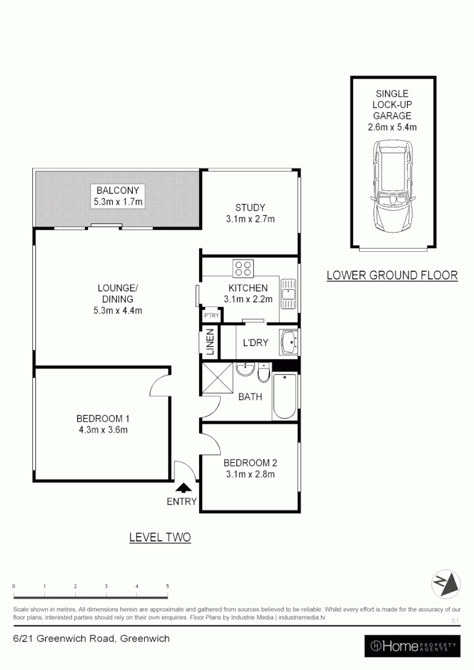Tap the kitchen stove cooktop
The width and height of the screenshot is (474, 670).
243,269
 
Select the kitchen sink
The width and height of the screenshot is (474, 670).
288,293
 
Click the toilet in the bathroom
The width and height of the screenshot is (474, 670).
263,375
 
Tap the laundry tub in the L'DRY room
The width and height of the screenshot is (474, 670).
289,342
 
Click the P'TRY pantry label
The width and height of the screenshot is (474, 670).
212,316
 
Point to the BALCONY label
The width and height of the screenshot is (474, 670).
117,190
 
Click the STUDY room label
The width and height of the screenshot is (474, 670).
250,208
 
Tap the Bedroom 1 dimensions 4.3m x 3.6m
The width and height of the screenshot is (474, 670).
102,429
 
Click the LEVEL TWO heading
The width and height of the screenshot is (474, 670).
159,537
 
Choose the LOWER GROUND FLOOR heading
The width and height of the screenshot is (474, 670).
392,275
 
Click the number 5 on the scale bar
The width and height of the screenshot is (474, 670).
167,586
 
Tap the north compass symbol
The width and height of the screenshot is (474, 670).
446,583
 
